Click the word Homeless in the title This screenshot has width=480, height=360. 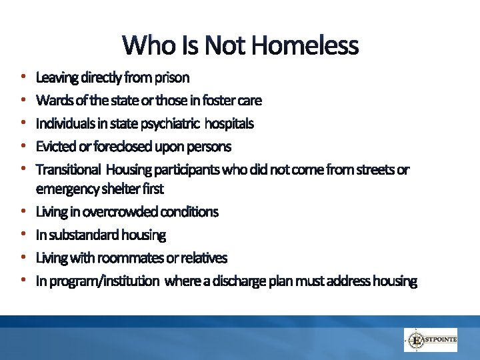(306, 46)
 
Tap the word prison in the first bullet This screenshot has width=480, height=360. (172, 78)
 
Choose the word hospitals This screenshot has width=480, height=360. (229, 124)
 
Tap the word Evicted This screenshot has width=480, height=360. (54, 147)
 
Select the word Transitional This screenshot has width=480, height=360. (69, 169)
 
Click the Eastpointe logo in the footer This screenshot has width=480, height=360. (430, 339)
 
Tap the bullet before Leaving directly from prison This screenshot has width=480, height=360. (23, 78)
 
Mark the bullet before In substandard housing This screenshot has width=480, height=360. (23, 235)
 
